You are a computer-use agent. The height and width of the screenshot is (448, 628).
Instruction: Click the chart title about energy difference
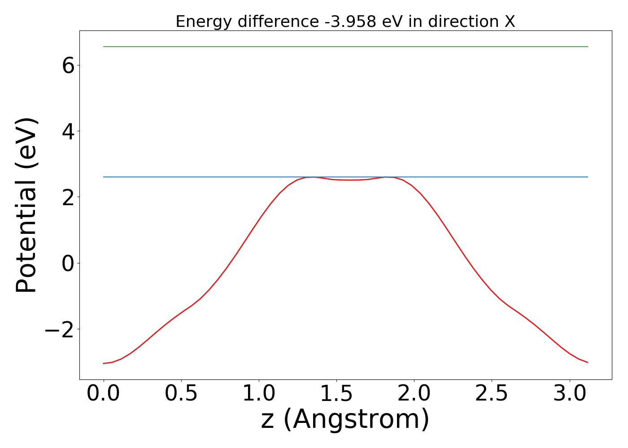345,22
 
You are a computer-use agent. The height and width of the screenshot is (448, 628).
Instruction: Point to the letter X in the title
510,22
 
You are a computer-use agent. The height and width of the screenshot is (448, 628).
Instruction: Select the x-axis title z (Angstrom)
345,419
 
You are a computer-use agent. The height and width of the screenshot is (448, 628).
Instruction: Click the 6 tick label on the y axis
68,65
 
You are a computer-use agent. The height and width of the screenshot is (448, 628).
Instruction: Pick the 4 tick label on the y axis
68,131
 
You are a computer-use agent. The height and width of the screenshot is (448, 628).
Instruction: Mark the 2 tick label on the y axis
68,198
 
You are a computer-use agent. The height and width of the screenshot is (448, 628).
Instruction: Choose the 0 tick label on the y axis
68,263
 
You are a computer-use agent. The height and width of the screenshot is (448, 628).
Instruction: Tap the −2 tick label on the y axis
60,330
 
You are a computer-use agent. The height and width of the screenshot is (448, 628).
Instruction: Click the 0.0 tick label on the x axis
104,393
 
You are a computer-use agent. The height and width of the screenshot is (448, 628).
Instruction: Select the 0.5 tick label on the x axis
181,393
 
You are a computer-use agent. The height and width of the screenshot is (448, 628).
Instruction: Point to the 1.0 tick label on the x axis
259,393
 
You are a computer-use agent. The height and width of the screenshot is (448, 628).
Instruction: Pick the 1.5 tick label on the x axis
336,393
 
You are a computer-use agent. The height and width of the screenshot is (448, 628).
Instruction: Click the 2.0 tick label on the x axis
414,393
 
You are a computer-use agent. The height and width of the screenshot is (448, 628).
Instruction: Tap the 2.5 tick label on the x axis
492,393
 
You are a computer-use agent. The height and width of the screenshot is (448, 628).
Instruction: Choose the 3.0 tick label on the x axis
569,393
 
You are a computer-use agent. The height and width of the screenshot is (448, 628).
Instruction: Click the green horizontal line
345,47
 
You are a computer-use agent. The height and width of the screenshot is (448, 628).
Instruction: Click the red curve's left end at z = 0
104,363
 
